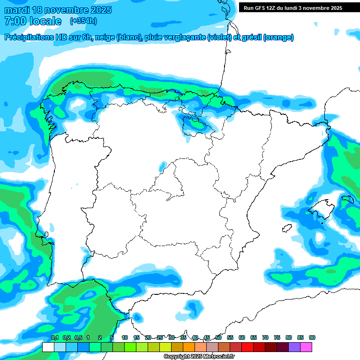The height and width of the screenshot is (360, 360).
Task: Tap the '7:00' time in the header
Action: click(x=14, y=21)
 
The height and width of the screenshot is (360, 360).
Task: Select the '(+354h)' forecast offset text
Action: click(x=83, y=21)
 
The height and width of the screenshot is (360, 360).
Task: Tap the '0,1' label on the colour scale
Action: click(x=54, y=338)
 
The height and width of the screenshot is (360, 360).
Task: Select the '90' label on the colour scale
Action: click(x=312, y=338)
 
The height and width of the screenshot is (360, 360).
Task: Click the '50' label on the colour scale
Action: click(x=218, y=338)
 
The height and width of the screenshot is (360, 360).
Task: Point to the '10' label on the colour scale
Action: click(x=125, y=338)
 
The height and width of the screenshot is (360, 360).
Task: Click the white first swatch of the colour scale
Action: click(x=48, y=347)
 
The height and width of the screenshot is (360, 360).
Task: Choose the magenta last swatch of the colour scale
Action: click(x=306, y=347)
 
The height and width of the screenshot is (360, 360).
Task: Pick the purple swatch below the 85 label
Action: click(x=294, y=347)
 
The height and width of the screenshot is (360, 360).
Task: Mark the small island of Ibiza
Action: click(x=286, y=228)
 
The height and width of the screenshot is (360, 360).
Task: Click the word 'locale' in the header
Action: click(x=45, y=21)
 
